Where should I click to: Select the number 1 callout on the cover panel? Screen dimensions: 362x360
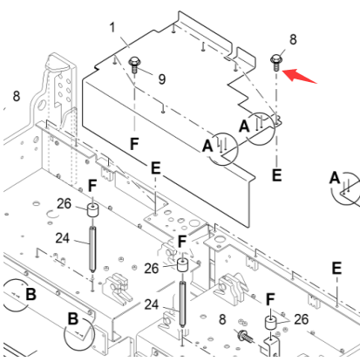(112, 29)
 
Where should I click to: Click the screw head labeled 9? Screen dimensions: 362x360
(136, 62)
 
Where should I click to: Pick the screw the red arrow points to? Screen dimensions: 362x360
(276, 61)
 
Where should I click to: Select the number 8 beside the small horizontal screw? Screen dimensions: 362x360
(222, 320)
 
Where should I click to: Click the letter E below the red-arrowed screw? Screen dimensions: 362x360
(277, 174)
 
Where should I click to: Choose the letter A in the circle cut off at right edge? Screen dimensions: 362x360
(334, 178)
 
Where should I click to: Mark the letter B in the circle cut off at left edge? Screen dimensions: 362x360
(30, 294)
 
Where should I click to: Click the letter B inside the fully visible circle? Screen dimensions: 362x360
(73, 319)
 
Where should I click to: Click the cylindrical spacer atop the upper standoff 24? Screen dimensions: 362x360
(92, 212)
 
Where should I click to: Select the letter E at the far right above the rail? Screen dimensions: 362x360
(336, 268)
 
